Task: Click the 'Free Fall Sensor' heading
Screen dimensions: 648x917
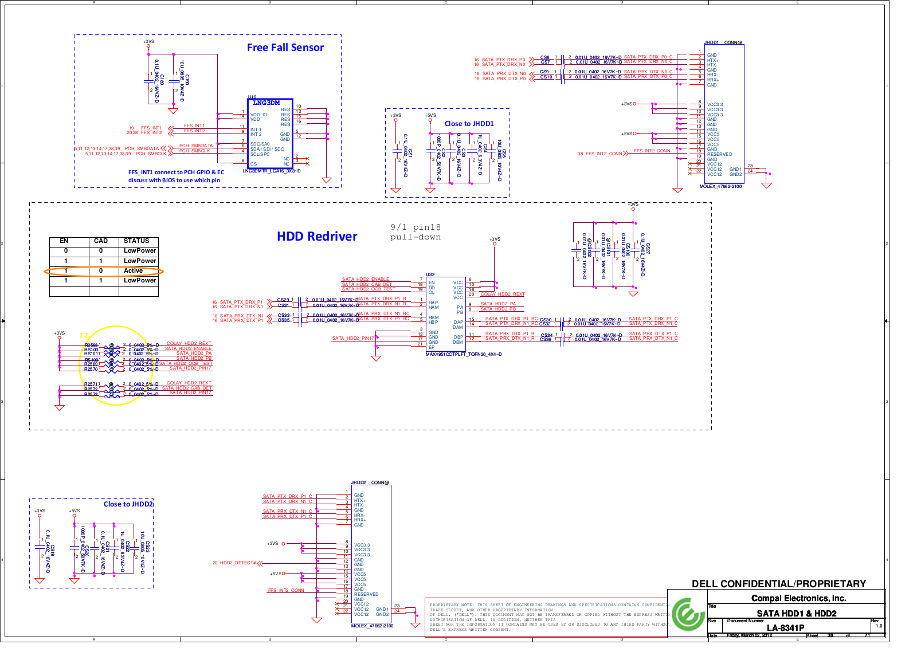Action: (x=285, y=48)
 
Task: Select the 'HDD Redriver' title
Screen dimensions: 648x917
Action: (x=317, y=236)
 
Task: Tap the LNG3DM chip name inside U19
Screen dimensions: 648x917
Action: (x=267, y=103)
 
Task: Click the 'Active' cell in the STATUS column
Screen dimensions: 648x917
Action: (x=134, y=270)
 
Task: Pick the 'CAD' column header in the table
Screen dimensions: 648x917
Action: (x=101, y=241)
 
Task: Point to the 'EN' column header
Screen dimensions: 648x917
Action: (x=64, y=241)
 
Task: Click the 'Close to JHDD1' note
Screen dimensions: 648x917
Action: (x=469, y=124)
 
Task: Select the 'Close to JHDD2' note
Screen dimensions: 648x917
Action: (x=128, y=504)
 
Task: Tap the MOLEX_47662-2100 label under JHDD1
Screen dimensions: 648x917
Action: (x=720, y=186)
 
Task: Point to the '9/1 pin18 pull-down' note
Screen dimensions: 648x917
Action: (x=416, y=232)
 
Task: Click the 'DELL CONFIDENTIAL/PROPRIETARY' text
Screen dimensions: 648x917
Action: (x=778, y=584)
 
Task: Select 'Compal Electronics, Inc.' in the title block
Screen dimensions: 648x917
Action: (x=798, y=598)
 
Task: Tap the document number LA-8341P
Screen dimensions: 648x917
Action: (x=785, y=628)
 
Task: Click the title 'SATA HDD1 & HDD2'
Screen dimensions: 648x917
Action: (x=796, y=614)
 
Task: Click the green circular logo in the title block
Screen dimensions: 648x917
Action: (x=688, y=615)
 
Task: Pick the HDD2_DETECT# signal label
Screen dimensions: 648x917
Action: (x=237, y=563)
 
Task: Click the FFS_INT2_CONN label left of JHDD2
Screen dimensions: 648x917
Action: (x=286, y=590)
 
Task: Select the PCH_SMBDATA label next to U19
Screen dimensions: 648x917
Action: (x=195, y=146)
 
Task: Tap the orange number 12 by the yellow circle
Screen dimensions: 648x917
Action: (x=84, y=335)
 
